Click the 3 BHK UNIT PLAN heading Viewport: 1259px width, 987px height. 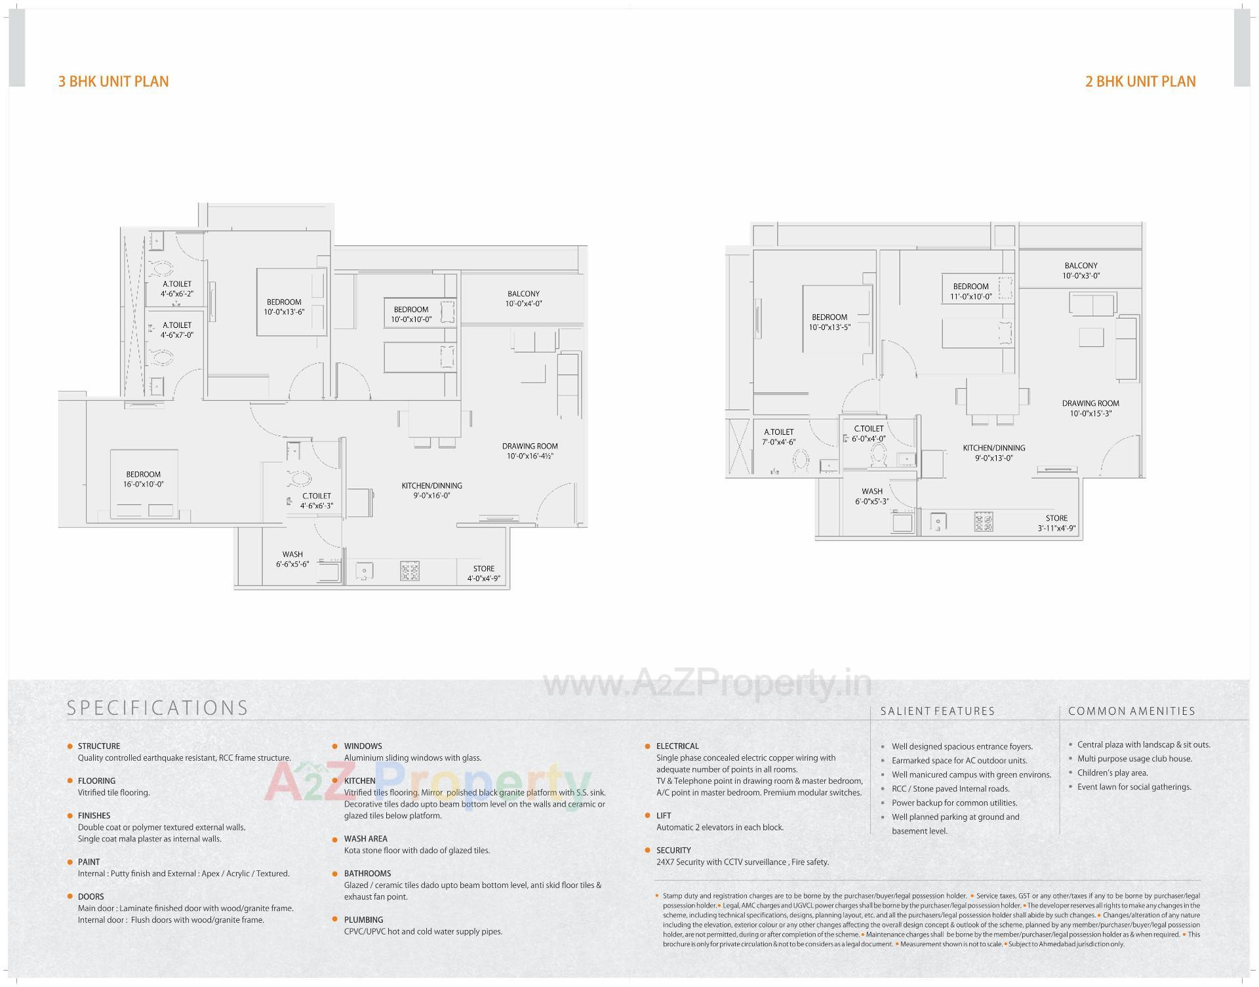click(x=113, y=81)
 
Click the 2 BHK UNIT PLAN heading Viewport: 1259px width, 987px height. click(x=1140, y=81)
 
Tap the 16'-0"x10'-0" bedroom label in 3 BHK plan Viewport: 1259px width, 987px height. click(x=143, y=479)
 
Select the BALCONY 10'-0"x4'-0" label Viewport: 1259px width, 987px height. click(x=523, y=299)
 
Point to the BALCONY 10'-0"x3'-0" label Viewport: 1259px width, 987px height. click(x=1081, y=271)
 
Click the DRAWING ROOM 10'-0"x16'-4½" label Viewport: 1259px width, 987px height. click(x=530, y=451)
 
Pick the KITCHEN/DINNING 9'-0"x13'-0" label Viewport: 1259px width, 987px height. click(x=993, y=453)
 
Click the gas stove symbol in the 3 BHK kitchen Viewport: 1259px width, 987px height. click(x=410, y=571)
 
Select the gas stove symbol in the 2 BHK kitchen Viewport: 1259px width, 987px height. click(x=983, y=522)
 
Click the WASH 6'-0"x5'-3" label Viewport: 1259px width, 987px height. click(x=872, y=496)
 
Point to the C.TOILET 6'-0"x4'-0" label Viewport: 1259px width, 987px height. click(x=869, y=433)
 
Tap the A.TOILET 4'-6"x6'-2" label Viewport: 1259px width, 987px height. click(x=177, y=289)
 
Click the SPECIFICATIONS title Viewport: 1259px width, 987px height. click(x=157, y=708)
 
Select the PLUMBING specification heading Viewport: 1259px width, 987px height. click(x=363, y=919)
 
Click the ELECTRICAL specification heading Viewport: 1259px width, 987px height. click(x=677, y=746)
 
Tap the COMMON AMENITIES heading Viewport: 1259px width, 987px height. click(x=1131, y=711)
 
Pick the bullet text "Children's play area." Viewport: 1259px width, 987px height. click(x=1112, y=773)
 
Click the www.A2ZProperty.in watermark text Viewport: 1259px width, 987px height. click(x=707, y=685)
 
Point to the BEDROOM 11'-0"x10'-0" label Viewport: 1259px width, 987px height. click(x=970, y=291)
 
